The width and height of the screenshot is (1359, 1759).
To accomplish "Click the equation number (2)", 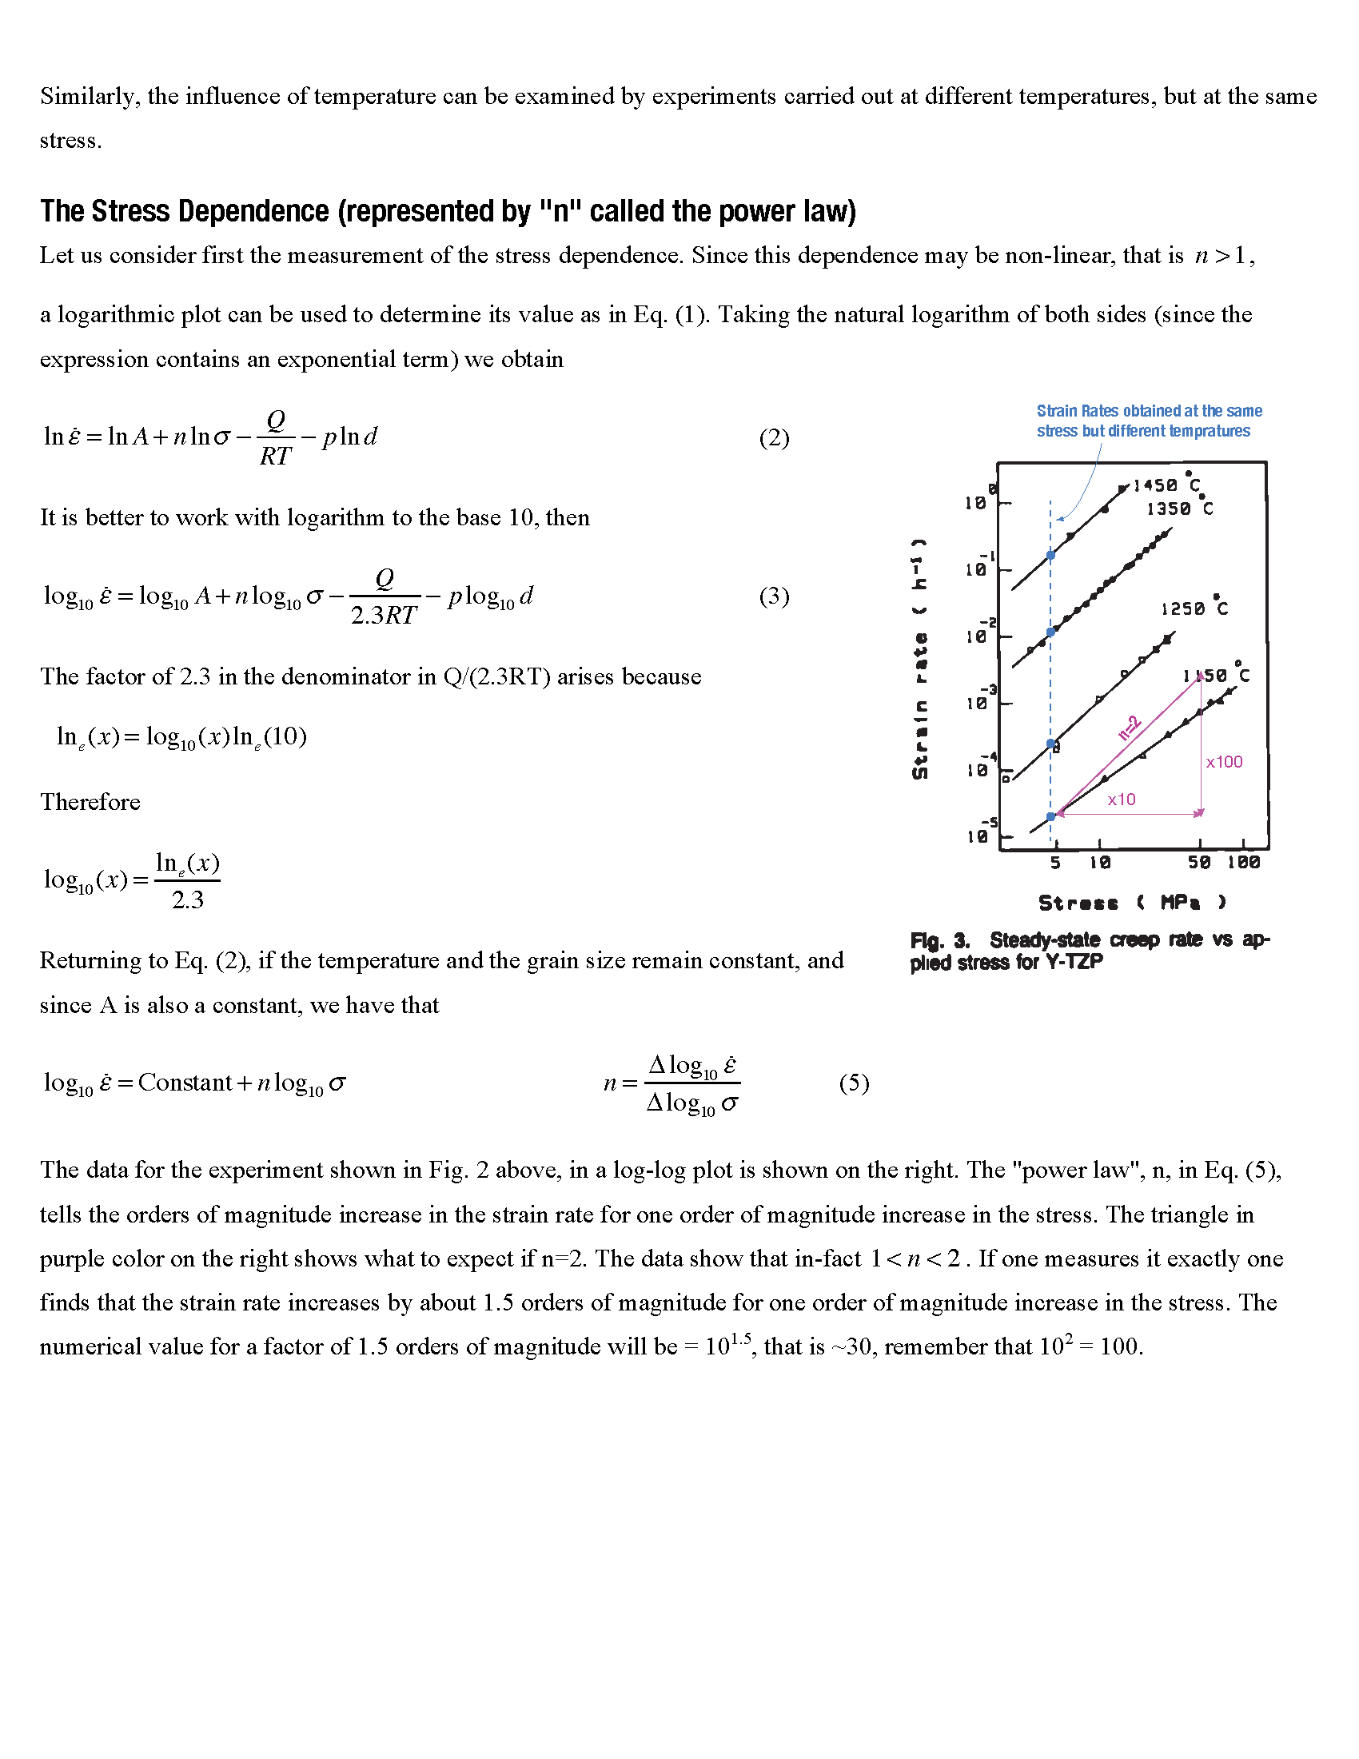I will coord(774,438).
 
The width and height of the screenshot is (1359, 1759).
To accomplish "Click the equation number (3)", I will coord(774,596).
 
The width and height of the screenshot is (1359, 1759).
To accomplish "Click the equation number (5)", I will coord(854,1083).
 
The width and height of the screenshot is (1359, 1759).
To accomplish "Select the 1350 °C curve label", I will coord(1179,509).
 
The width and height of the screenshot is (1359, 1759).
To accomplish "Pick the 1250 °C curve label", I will coord(1194,608).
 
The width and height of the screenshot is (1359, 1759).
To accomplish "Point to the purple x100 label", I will coord(1224,762).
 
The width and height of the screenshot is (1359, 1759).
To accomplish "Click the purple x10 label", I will coord(1121,800).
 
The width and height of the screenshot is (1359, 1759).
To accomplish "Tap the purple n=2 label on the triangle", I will coord(1130,728).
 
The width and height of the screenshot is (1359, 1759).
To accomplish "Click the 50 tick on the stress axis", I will coord(1199,863).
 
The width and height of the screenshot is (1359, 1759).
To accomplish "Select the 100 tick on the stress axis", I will coord(1243,863).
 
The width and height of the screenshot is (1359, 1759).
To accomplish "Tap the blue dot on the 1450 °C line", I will coord(1050,555).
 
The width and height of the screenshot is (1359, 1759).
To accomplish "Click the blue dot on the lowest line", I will coord(1050,816).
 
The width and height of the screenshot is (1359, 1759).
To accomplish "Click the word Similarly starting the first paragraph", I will coord(89,97).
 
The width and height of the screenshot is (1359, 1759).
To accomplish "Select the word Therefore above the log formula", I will coord(90,802).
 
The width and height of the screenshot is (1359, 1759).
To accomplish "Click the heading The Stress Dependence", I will coord(448,211).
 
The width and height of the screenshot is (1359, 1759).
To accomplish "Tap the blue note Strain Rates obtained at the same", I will coord(1148,411).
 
